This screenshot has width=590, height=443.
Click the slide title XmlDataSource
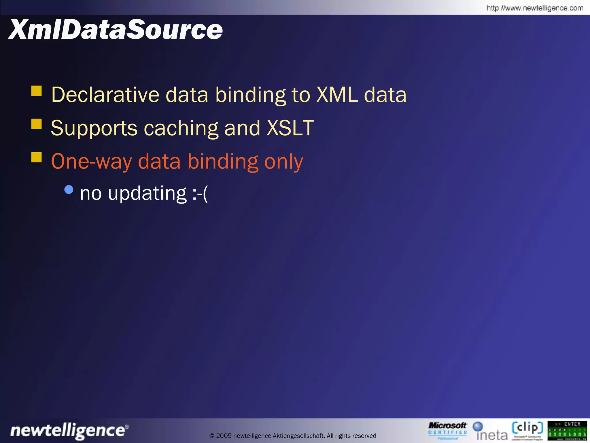[x=115, y=30]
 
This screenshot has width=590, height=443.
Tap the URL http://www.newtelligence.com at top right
[x=535, y=8]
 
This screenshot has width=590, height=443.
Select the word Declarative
[x=105, y=95]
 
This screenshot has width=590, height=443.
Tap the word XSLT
[x=290, y=128]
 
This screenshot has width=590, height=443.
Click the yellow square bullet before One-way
[x=37, y=157]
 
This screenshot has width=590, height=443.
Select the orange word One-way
[x=91, y=161]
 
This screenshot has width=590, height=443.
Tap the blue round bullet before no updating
[x=69, y=189]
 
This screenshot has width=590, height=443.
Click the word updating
[x=147, y=194]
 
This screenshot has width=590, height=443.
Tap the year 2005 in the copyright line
[x=224, y=436]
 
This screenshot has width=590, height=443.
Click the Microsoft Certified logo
[x=447, y=431]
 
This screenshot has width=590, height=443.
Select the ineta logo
[x=490, y=431]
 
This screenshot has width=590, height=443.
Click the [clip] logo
[x=527, y=430]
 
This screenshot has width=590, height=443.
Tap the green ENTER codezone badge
[x=567, y=430]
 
